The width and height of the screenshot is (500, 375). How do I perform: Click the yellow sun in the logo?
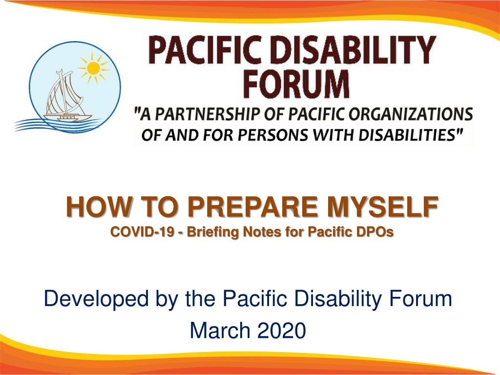pyautogui.click(x=93, y=68)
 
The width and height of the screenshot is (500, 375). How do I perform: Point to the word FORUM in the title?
pyautogui.click(x=296, y=83)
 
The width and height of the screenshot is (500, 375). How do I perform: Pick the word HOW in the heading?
pyautogui.click(x=99, y=207)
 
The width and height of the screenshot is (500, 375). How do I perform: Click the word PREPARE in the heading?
pyautogui.click(x=252, y=207)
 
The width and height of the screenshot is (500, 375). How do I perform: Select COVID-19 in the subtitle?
pyautogui.click(x=142, y=232)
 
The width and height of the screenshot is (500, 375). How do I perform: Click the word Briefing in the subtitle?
pyautogui.click(x=213, y=232)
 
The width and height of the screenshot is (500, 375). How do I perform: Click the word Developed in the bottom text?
pyautogui.click(x=96, y=299)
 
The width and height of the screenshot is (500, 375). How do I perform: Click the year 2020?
pyautogui.click(x=282, y=330)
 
